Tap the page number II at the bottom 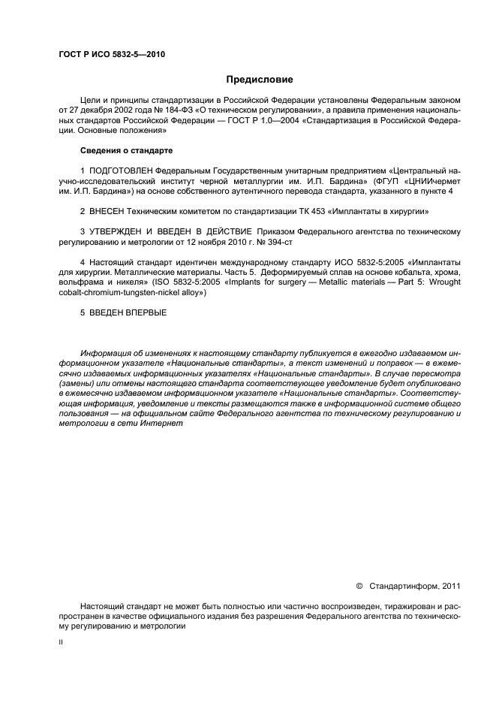click(x=61, y=644)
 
